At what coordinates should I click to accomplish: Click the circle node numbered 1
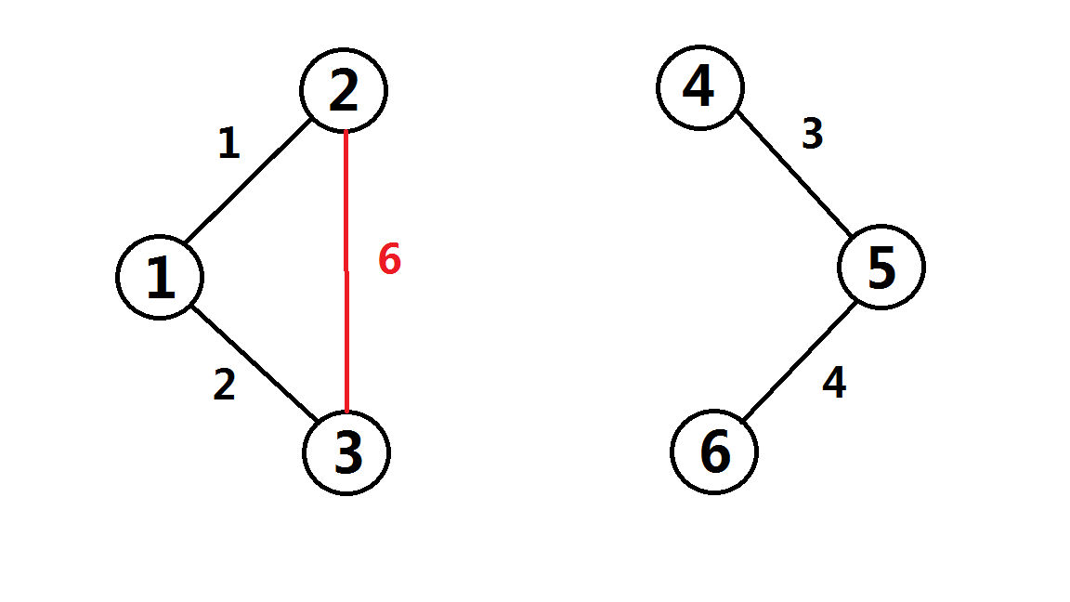[161, 277]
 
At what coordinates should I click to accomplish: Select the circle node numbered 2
[344, 90]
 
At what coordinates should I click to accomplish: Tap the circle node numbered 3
[346, 453]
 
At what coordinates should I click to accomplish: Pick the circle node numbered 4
[699, 86]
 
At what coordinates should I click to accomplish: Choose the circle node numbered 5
[881, 268]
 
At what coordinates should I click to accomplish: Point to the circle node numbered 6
[714, 452]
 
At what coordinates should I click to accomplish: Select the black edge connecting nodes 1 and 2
[249, 183]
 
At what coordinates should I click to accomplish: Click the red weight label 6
[389, 260]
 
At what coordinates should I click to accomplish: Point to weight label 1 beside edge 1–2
[228, 144]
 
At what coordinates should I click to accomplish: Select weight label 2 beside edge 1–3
[224, 385]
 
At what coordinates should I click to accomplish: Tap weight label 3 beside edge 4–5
[812, 136]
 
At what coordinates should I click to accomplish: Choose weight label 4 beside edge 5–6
[834, 383]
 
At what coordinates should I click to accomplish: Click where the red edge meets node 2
[346, 133]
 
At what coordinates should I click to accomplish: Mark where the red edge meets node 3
[346, 412]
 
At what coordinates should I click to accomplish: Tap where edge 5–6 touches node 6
[743, 420]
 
